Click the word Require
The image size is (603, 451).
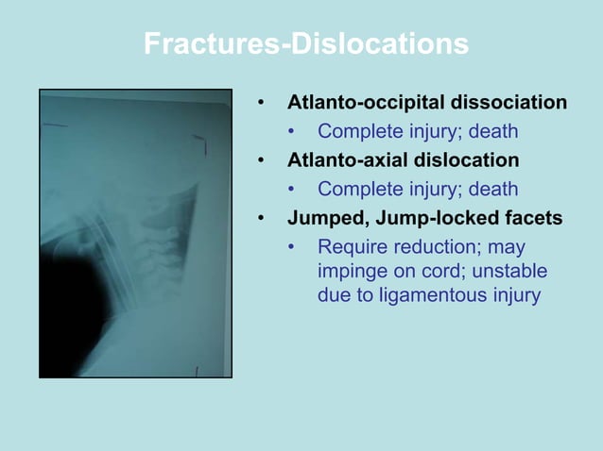coord(350,247)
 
